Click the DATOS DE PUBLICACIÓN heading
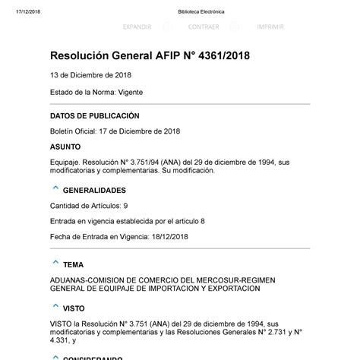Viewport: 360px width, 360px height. (x=95, y=115)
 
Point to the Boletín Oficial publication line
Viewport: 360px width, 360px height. (x=115, y=131)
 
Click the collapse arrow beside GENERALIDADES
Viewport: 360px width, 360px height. (x=55, y=189)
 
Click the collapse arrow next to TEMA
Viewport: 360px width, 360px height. (x=55, y=263)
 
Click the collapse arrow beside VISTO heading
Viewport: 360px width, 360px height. (x=55, y=307)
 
